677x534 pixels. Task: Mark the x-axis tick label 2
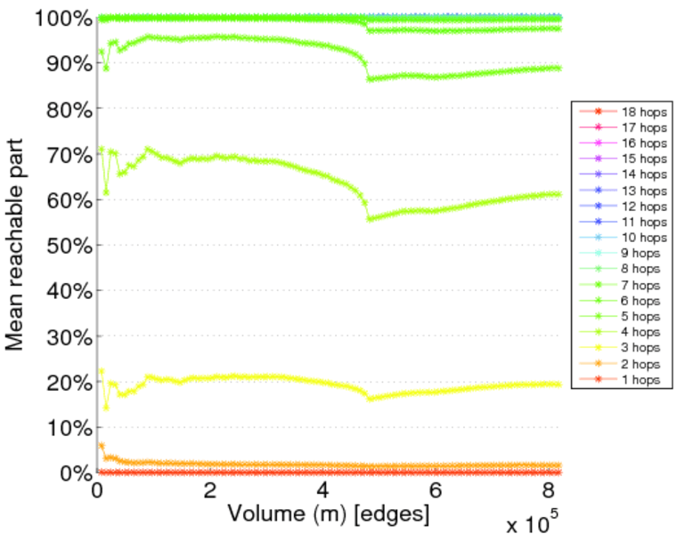[x=209, y=491]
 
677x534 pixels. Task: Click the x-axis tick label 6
[x=435, y=491]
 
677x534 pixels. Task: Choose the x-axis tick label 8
[x=547, y=491]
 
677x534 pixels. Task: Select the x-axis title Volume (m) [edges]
[x=329, y=514]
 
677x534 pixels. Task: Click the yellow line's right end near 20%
[x=558, y=384]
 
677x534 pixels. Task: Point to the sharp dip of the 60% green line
[x=370, y=218]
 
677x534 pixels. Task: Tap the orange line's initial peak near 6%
[x=101, y=445]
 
